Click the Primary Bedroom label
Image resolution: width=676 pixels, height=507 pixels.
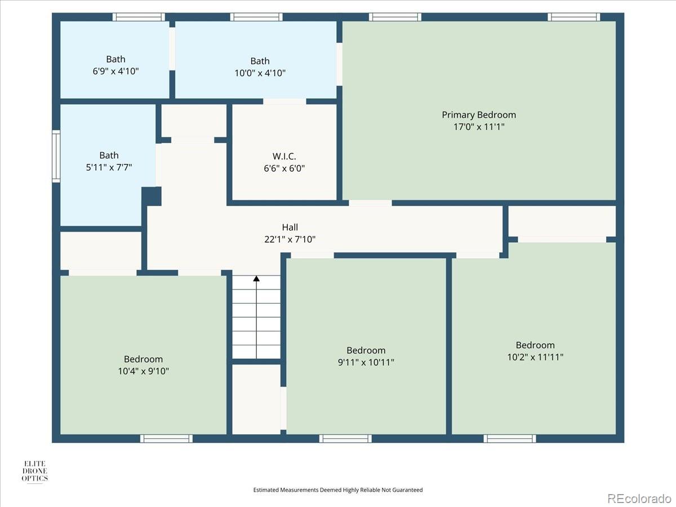coord(479,115)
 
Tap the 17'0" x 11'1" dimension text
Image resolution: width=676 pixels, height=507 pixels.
coord(479,127)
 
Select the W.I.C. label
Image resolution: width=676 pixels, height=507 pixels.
coord(284,157)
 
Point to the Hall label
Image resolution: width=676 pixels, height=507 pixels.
coord(290,227)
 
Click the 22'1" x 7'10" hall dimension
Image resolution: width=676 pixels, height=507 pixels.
coord(290,239)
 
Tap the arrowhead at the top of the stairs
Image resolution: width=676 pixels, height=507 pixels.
coord(256,279)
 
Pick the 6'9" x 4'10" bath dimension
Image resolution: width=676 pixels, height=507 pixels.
coord(115,71)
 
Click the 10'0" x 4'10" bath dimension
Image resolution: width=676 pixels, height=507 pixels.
coord(260,73)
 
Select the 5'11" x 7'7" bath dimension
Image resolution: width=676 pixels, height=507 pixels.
coord(109,167)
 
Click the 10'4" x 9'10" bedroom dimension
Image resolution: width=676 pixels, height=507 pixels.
coord(143,371)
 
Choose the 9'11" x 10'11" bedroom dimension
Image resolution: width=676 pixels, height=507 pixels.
coord(366,362)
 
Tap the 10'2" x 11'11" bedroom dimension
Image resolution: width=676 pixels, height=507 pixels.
coord(535,357)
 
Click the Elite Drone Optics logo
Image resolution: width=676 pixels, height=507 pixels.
coord(34,471)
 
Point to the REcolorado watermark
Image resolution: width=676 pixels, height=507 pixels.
coord(639,498)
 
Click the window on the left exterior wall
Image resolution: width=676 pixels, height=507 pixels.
coord(56,156)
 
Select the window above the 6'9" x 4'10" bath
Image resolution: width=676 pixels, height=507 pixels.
coord(139,17)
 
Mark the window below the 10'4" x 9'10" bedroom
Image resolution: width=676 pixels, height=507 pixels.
coord(166,439)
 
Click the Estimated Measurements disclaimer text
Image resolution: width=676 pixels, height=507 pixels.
coord(338,490)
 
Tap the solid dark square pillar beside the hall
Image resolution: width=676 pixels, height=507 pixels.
coord(152,196)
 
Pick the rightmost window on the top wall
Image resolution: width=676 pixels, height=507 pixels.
coord(573,17)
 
